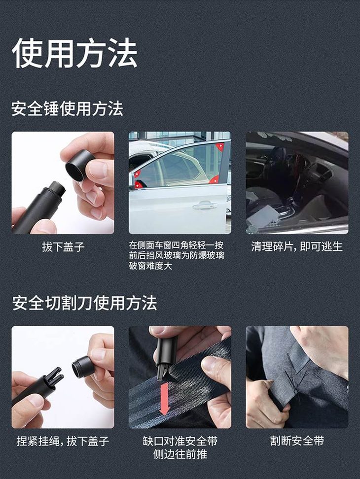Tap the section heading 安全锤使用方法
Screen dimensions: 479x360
67,109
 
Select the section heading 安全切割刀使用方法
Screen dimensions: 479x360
84,303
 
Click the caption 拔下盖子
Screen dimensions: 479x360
63,247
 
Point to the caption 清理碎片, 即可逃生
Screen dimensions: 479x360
297,246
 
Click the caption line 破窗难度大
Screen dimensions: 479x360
154,266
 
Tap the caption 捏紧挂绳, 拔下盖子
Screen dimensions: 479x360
63,441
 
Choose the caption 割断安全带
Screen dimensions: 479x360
297,441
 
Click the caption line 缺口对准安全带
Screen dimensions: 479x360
180,441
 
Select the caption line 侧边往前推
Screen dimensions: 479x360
180,454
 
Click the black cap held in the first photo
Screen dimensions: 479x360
79,165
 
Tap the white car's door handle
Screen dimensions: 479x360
205,205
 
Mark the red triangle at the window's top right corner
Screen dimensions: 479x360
220,147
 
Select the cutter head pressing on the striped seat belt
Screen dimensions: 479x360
164,362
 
